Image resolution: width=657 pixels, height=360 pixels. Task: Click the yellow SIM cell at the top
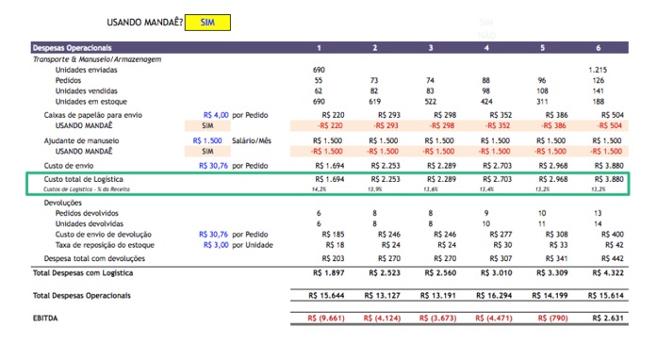tap(206, 22)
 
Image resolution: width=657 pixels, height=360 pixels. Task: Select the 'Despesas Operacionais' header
tap(73, 47)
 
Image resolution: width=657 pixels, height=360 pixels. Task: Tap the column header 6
tap(599, 47)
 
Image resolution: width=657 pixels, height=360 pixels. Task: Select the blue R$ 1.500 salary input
tap(212, 140)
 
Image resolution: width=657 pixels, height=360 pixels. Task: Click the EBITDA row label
tap(48, 318)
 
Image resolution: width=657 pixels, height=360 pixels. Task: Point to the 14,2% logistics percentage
tap(319, 189)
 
